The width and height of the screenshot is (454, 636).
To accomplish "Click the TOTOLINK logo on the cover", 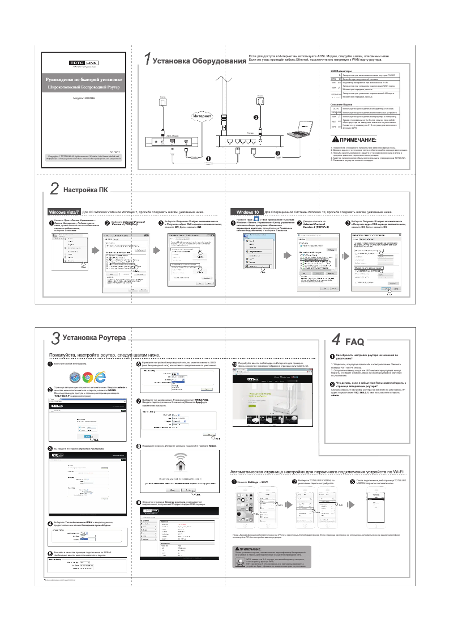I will point(83,62).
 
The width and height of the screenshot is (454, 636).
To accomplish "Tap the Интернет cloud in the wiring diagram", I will point(202,116).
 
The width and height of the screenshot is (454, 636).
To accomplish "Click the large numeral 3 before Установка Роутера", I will point(55,339).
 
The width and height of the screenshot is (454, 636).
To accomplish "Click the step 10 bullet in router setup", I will point(235,363).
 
